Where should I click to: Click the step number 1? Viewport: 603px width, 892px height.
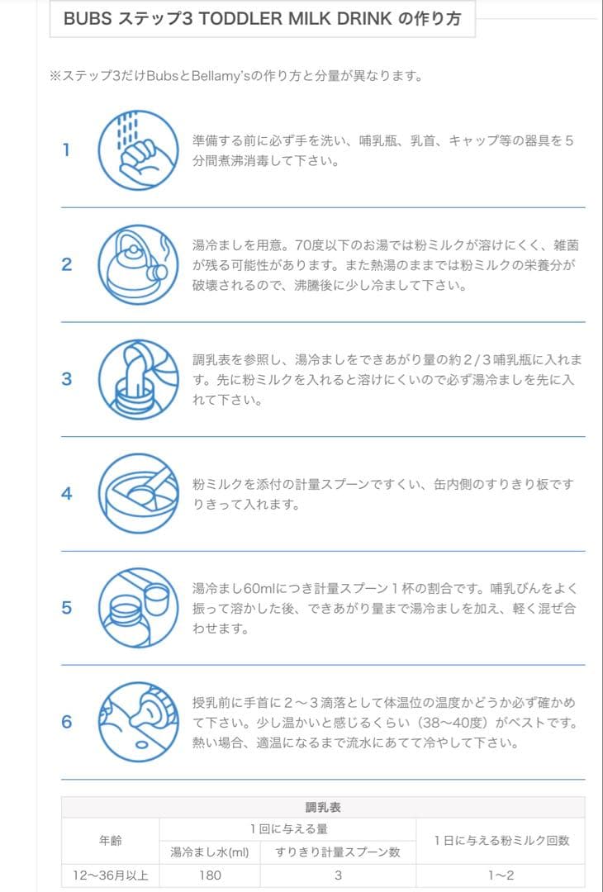[x=66, y=150]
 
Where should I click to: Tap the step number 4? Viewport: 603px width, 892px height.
[x=66, y=494]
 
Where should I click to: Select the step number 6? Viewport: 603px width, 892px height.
[x=66, y=722]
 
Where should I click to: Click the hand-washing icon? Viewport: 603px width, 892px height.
[x=138, y=150]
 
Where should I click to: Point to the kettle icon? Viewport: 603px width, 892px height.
[x=138, y=265]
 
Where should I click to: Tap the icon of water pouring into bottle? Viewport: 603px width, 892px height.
[x=138, y=379]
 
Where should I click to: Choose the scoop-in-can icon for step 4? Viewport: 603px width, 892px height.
[x=138, y=494]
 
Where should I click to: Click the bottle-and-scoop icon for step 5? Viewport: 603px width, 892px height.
[x=138, y=608]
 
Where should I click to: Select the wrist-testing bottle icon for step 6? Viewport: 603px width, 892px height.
[x=138, y=722]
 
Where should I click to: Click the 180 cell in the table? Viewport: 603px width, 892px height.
[x=211, y=875]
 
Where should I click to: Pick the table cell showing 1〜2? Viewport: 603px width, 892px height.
[x=501, y=875]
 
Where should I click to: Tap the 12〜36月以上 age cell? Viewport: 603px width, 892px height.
[x=110, y=875]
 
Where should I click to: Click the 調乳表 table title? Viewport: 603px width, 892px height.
[x=323, y=807]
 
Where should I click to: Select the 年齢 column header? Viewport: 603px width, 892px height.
[x=110, y=840]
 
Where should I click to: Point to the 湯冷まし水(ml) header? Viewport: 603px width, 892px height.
[x=210, y=852]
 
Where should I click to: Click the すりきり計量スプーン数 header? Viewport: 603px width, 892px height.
[x=338, y=852]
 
